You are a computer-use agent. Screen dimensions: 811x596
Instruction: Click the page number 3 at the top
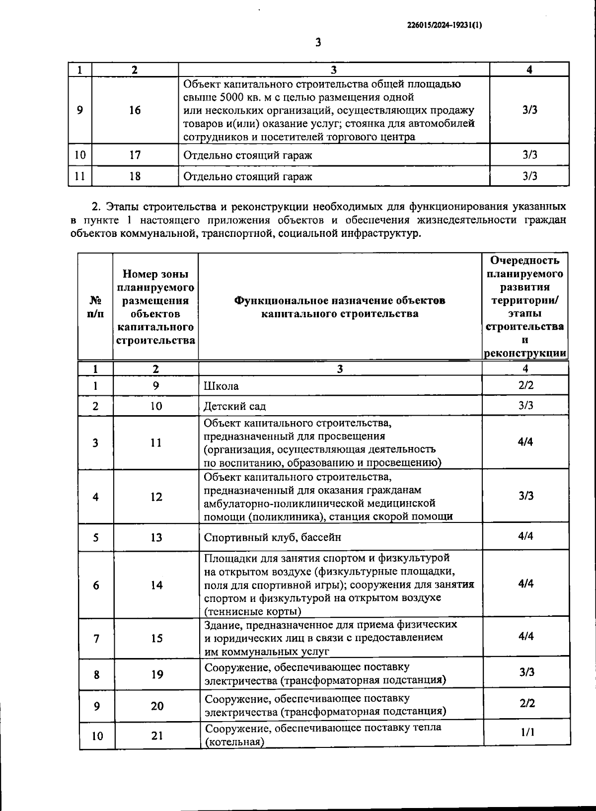tap(318, 43)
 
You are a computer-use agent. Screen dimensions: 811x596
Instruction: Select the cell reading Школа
tap(221, 386)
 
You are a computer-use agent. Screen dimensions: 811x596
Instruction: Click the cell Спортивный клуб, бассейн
tap(273, 537)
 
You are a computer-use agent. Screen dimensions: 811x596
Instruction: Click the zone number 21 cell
tap(157, 736)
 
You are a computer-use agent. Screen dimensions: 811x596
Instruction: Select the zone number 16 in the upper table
tap(135, 110)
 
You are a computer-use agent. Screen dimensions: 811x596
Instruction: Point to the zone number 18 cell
tap(135, 176)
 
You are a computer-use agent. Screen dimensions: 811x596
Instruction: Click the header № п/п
tap(95, 307)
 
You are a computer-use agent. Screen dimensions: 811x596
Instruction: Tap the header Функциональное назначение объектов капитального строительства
tap(340, 307)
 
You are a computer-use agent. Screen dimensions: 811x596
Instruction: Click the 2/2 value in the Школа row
tap(525, 385)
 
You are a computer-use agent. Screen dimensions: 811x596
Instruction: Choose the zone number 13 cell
tap(156, 537)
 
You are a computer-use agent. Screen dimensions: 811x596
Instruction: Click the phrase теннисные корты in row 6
tap(252, 611)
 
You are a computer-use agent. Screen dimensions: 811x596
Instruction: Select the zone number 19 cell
tap(157, 674)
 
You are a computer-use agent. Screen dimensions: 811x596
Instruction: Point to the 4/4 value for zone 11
tap(525, 442)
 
